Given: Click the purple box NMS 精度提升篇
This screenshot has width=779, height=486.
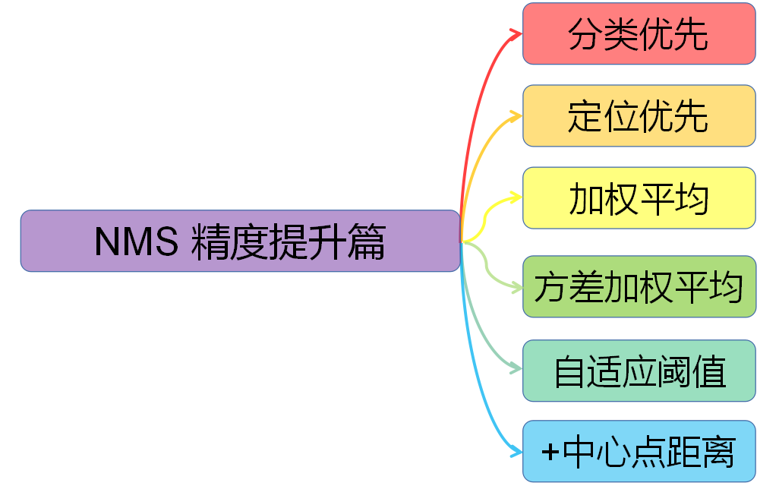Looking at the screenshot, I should pos(240,241).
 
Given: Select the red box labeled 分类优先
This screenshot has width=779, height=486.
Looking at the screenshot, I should pos(639,33).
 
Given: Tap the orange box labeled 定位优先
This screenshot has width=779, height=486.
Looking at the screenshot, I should pos(639,115).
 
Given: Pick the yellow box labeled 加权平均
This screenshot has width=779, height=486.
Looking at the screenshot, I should pos(639,198).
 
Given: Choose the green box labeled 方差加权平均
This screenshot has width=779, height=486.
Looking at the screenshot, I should pos(639,287).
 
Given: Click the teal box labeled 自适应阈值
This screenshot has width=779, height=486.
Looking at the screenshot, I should pos(639,371).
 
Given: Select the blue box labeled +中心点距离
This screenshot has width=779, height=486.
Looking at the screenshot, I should pos(639,451).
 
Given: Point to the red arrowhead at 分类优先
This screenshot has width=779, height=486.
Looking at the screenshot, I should pos(516,33).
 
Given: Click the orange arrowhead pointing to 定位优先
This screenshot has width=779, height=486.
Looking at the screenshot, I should pos(516,116).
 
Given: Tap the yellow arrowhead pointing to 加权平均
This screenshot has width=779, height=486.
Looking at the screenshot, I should pos(516,198).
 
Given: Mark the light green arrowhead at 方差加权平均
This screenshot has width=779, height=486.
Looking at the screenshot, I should pos(516,287).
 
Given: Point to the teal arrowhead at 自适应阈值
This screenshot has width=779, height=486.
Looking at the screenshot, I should pos(516,370).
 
